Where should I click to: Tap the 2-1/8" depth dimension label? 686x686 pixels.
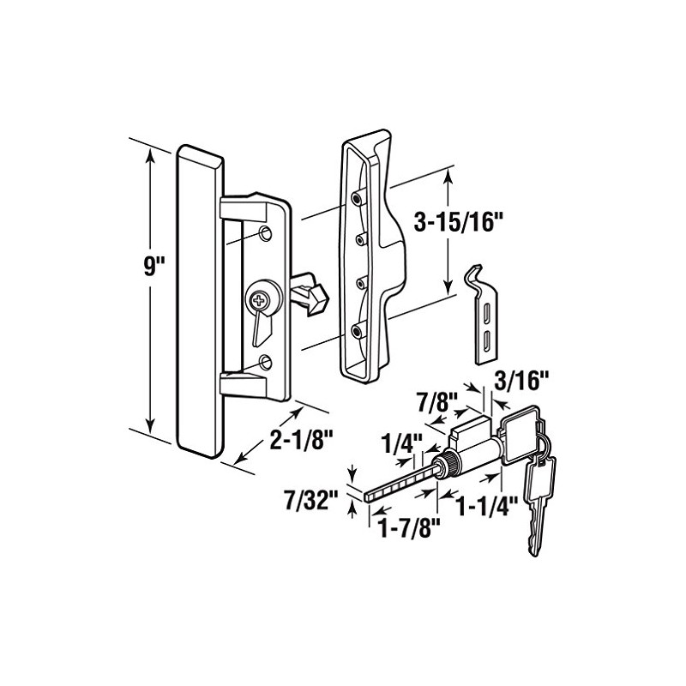click(x=299, y=442)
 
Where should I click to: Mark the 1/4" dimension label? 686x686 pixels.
click(x=400, y=445)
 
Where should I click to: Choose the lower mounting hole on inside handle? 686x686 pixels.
click(x=265, y=361)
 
